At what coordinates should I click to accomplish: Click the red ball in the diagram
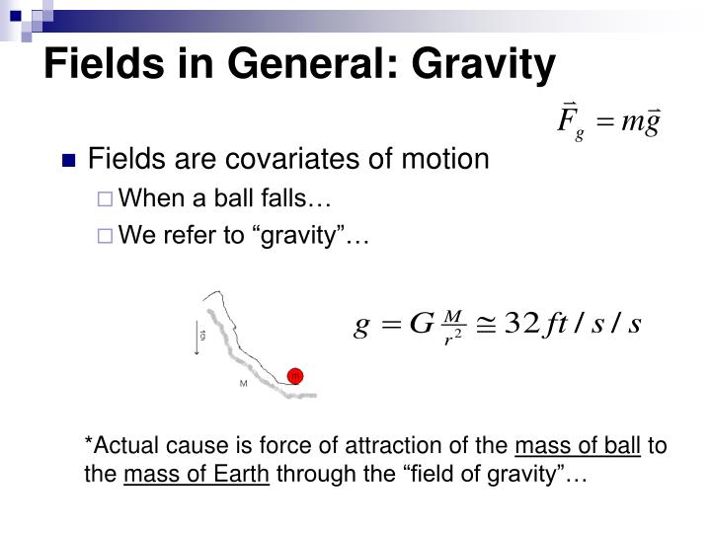point(294,375)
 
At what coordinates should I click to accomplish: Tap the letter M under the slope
point(243,383)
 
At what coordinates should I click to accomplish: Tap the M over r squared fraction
point(454,325)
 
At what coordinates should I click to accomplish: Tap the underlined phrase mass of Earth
point(197,477)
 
